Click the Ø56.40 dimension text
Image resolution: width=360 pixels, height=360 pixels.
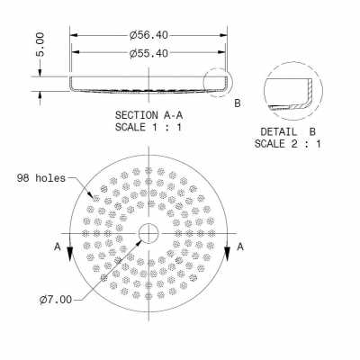coord(148,35)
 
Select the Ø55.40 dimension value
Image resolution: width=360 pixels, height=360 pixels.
coord(148,53)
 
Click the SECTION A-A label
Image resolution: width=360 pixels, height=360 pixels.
coord(148,115)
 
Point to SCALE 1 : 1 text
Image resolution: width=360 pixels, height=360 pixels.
coord(148,127)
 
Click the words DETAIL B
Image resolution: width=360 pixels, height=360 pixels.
coord(287,131)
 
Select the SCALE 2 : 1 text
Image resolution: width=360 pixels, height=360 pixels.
coord(287,143)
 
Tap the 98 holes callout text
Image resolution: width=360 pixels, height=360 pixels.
coord(40,177)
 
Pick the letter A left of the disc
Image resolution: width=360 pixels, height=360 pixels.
coord(58,245)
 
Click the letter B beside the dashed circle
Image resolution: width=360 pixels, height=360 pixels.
coord(238,103)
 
